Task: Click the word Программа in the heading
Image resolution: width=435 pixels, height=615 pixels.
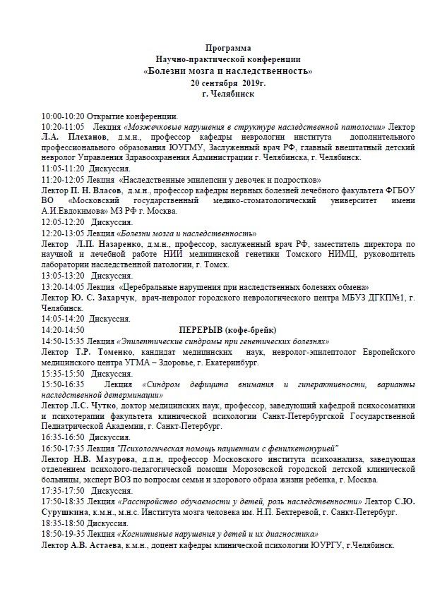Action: coord(222,48)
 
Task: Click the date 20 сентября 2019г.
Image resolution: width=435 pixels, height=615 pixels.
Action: coord(222,83)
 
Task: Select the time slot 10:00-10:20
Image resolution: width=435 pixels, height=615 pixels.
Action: coord(63,116)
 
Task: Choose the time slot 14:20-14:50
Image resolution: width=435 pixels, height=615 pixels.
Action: coord(63,329)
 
